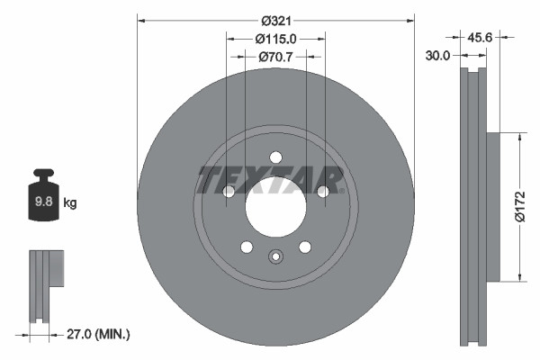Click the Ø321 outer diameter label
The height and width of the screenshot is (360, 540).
(x=276, y=20)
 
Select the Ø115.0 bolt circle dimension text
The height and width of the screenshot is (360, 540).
(x=275, y=39)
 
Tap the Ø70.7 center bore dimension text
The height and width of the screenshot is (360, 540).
(x=276, y=57)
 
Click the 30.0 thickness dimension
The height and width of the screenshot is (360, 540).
(x=438, y=55)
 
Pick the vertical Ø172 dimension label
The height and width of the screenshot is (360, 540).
(x=519, y=207)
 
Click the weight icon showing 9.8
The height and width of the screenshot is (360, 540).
(x=43, y=200)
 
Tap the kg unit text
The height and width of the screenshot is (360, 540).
(x=70, y=203)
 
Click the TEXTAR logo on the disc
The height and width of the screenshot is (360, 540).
(x=271, y=180)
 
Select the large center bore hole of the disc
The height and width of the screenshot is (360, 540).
(x=275, y=200)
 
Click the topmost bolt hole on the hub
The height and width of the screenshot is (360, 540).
(x=275, y=157)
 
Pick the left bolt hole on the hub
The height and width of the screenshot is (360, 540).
(x=229, y=191)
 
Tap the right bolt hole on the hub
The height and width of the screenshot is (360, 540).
(x=323, y=191)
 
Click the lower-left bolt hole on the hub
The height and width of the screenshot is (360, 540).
(x=247, y=247)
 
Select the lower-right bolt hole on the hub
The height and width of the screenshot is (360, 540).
(x=305, y=247)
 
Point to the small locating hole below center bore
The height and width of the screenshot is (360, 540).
(x=275, y=256)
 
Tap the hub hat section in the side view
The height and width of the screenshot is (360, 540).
(x=492, y=207)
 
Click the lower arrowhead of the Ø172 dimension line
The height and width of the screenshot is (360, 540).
(x=519, y=276)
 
